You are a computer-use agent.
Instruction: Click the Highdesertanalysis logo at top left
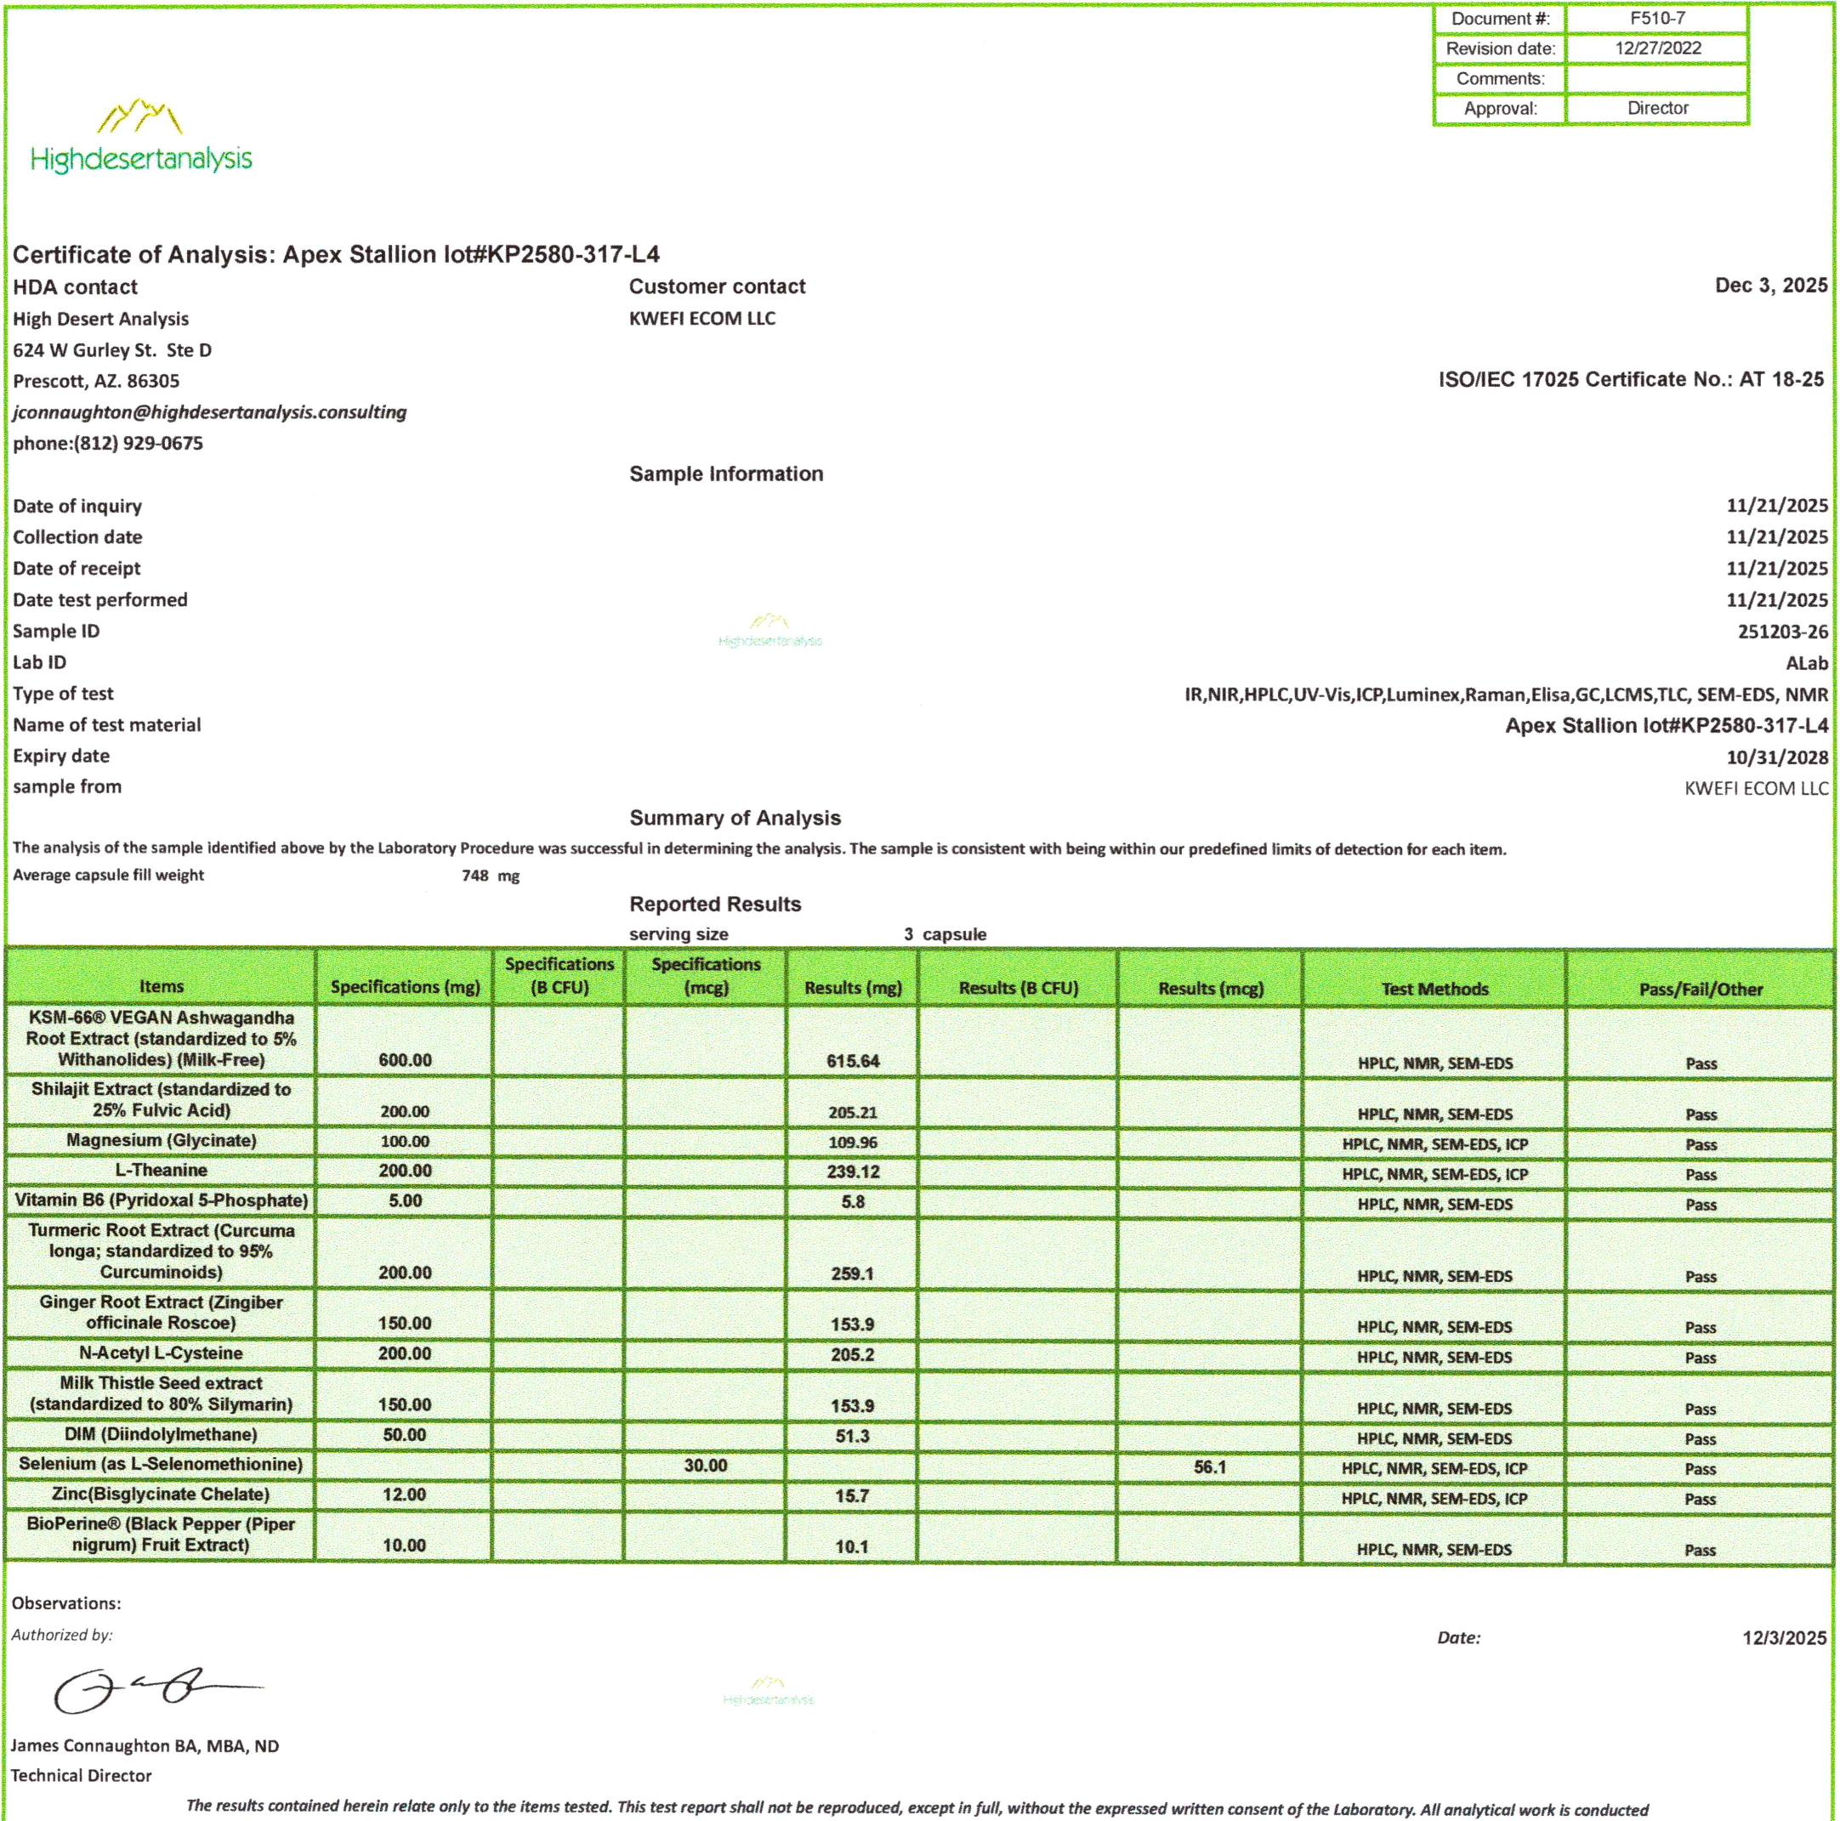(x=141, y=138)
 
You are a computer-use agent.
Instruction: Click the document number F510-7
(x=1656, y=18)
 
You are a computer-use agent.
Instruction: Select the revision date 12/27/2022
(x=1657, y=48)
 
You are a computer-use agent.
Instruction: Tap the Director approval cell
(x=1657, y=109)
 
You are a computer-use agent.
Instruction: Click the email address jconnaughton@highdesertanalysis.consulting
(x=209, y=412)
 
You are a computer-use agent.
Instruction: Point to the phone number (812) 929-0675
(x=138, y=444)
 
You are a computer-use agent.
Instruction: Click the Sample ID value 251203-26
(x=1782, y=632)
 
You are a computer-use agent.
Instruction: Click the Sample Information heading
(x=726, y=474)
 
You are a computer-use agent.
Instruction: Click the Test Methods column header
(x=1434, y=989)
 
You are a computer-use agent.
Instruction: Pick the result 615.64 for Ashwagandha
(x=852, y=1061)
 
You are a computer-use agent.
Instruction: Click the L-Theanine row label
(x=161, y=1171)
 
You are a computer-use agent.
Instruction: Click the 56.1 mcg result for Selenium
(x=1210, y=1466)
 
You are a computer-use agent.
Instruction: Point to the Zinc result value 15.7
(x=851, y=1496)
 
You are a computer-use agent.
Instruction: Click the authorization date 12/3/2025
(x=1784, y=1638)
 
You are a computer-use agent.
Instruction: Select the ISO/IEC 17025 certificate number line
(x=1631, y=380)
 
